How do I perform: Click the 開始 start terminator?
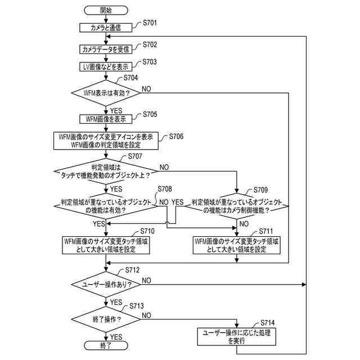click(x=106, y=10)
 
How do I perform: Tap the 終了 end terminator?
click(x=106, y=345)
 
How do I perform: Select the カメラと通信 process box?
click(x=106, y=28)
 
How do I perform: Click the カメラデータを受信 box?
click(x=106, y=49)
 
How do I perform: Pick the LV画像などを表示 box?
click(x=106, y=67)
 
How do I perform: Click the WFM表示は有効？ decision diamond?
click(x=106, y=93)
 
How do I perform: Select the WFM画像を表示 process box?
click(x=106, y=119)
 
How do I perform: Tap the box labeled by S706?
click(x=106, y=141)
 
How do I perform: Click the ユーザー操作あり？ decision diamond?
click(x=106, y=285)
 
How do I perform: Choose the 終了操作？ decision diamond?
click(x=106, y=319)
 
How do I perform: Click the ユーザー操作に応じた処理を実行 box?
click(x=236, y=336)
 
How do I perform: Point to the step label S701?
click(x=150, y=22)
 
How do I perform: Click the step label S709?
click(x=260, y=190)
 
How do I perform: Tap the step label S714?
click(x=268, y=323)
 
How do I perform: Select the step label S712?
click(x=133, y=270)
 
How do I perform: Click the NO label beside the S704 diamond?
click(x=146, y=89)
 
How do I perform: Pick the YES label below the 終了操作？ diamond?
click(x=116, y=337)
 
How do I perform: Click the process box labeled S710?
click(x=106, y=245)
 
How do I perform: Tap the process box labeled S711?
click(x=236, y=245)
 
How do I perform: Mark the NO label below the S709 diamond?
click(x=244, y=224)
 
